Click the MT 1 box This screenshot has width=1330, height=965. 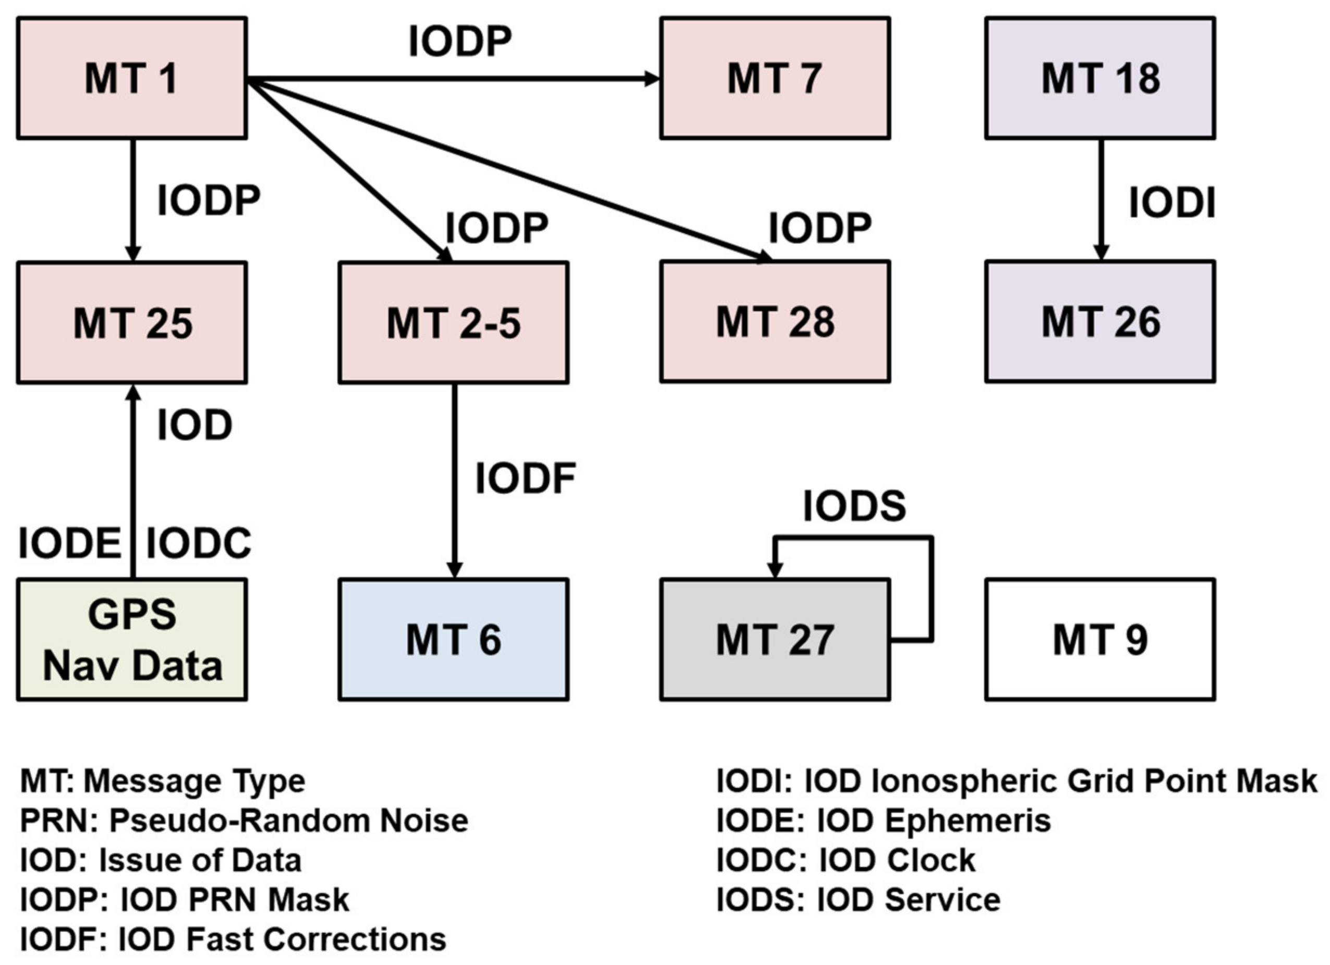pyautogui.click(x=131, y=78)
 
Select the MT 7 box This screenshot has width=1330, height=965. pyautogui.click(x=775, y=78)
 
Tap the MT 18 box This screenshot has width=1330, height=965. pyautogui.click(x=1099, y=78)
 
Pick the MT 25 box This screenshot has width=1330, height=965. pyautogui.click(x=131, y=322)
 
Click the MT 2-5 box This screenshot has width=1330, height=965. pyautogui.click(x=453, y=322)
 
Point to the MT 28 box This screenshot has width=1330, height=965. pyautogui.click(x=775, y=322)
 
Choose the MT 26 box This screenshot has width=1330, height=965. pyautogui.click(x=1099, y=322)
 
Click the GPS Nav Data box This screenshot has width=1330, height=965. pyautogui.click(x=131, y=640)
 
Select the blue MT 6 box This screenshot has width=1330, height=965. pyautogui.click(x=453, y=640)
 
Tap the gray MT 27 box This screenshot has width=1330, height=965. pyautogui.click(x=775, y=640)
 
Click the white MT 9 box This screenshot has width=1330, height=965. pyautogui.click(x=1099, y=640)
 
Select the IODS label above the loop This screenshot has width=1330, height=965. pyautogui.click(x=854, y=506)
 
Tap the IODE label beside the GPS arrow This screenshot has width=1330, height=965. pyautogui.click(x=69, y=543)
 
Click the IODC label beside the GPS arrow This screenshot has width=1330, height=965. pyautogui.click(x=198, y=543)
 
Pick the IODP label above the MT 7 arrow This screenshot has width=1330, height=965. pyautogui.click(x=460, y=42)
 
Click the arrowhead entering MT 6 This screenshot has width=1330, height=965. pyautogui.click(x=454, y=569)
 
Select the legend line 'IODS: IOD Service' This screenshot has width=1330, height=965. pyautogui.click(x=858, y=900)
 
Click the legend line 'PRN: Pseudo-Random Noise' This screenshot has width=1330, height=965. pyautogui.click(x=244, y=820)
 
